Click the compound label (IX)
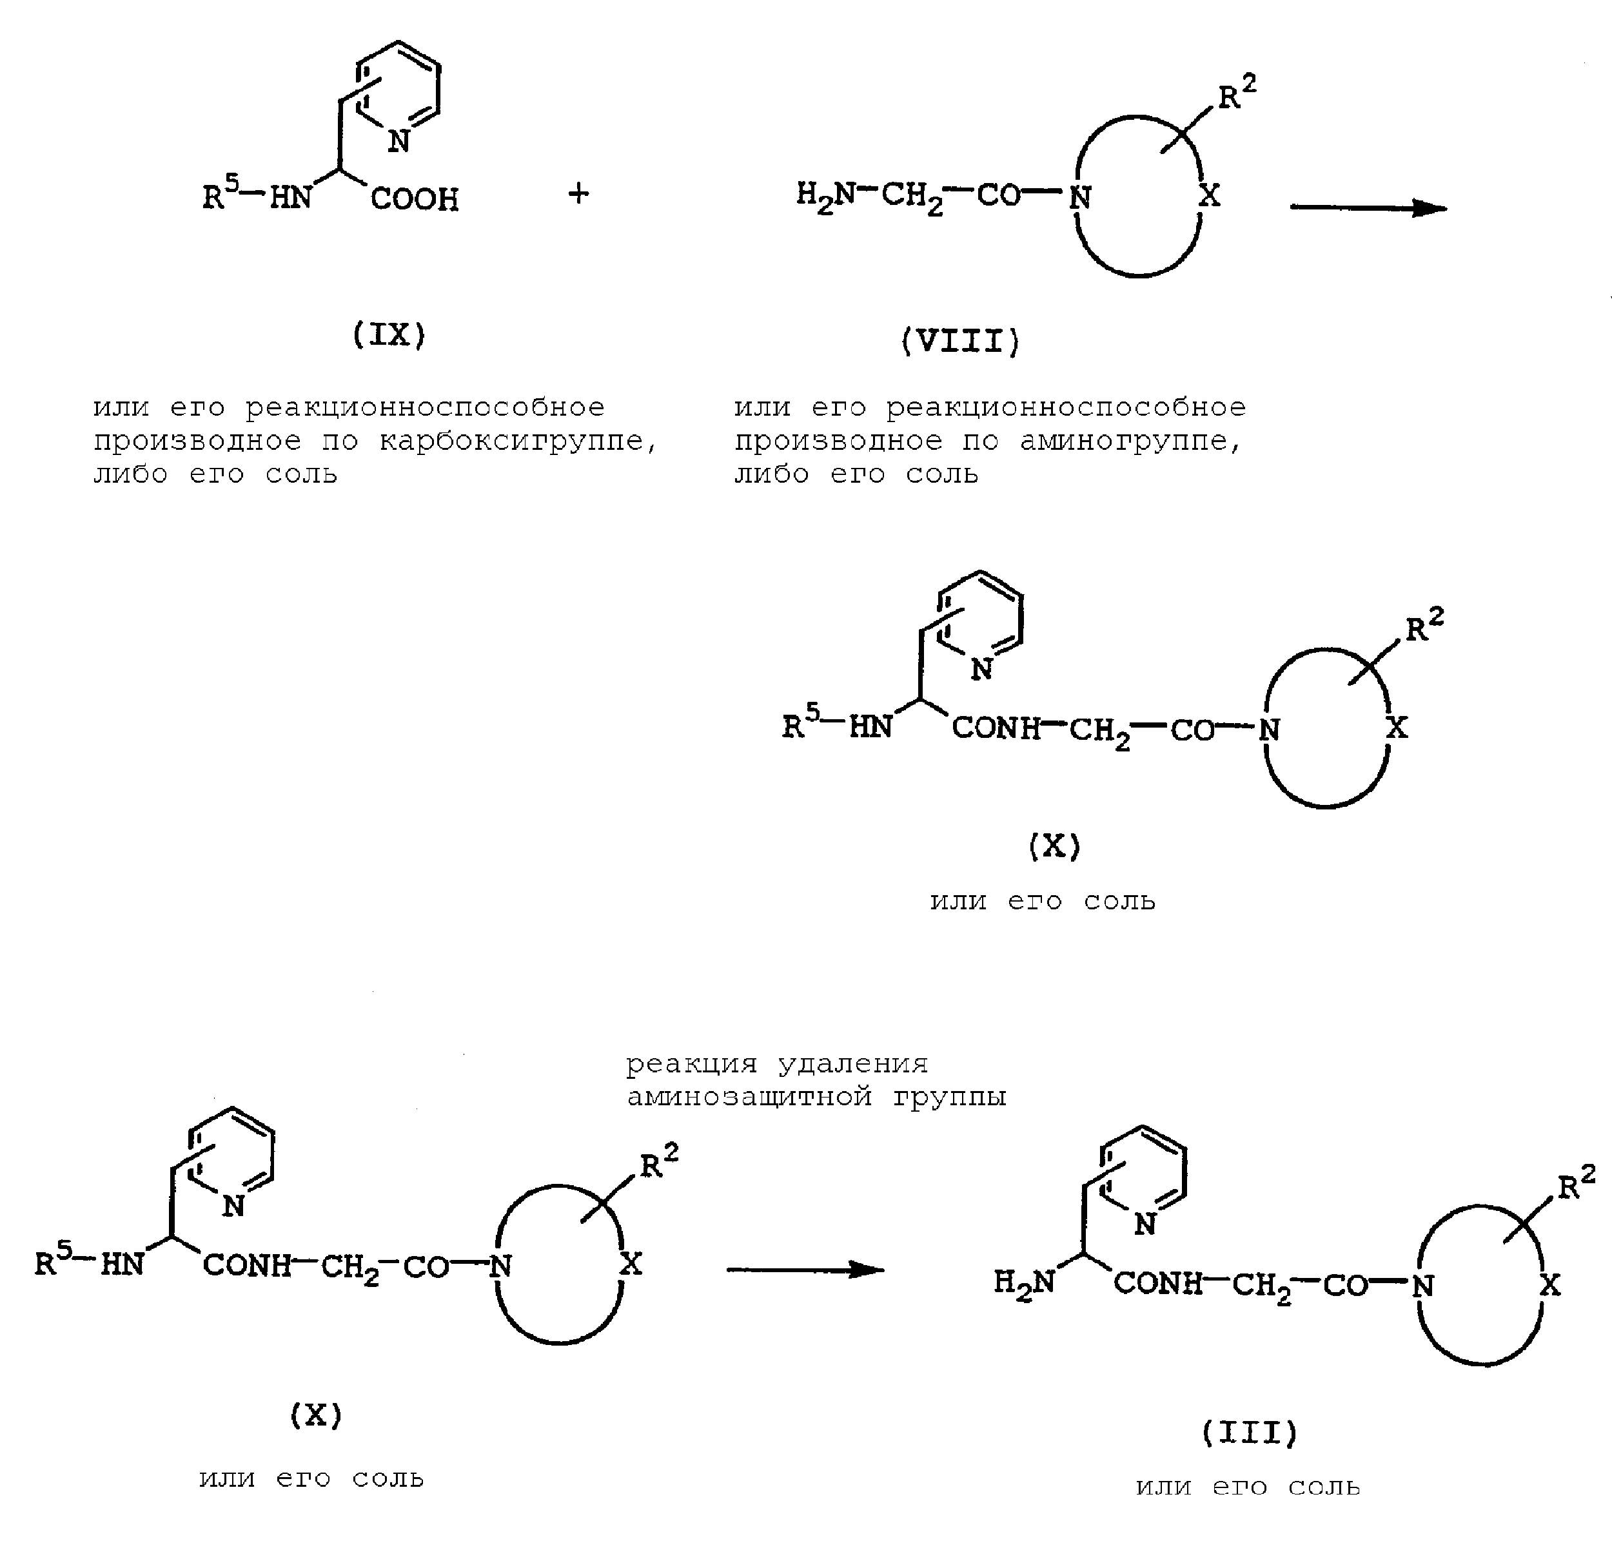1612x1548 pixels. pos(389,334)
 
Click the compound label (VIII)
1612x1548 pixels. pos(961,340)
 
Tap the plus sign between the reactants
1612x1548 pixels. pos(579,194)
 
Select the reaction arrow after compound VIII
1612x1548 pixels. pos(1368,208)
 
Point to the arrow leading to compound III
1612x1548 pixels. pos(805,1270)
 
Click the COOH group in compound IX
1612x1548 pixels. pos(415,199)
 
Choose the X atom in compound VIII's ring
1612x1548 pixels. pos(1209,196)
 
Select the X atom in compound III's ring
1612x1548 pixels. pos(1549,1285)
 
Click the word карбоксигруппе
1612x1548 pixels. pos(518,442)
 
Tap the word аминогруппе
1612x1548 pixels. pos(1131,442)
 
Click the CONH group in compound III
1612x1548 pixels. pos(1158,1283)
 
